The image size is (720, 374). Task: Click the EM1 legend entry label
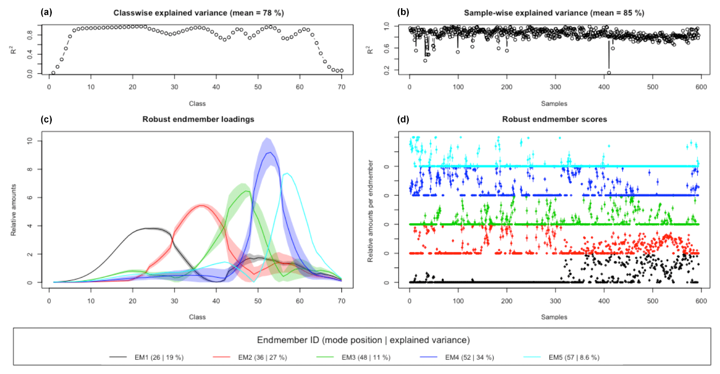coord(159,357)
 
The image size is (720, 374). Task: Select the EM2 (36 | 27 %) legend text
coord(262,357)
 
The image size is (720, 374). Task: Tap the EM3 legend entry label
coord(366,357)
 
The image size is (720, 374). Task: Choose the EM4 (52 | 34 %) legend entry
coord(469,357)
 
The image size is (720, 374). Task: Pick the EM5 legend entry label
coord(574,357)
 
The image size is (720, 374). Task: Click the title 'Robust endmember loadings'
coord(198,119)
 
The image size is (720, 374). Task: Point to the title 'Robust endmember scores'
coord(554,119)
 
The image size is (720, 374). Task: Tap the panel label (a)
coord(46,12)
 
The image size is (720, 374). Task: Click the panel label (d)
coord(403,119)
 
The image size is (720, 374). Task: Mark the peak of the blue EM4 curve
coord(270,152)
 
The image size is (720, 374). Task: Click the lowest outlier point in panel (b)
coord(609,73)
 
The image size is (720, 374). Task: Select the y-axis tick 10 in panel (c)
coord(30,141)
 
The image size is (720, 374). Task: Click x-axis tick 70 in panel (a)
coord(341,87)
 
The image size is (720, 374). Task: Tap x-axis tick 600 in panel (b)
coord(701,87)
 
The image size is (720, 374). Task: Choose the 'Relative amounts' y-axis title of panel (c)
coord(14,210)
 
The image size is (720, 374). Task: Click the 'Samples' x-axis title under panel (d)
coord(554,317)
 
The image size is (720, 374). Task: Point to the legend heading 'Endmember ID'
coord(288,340)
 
